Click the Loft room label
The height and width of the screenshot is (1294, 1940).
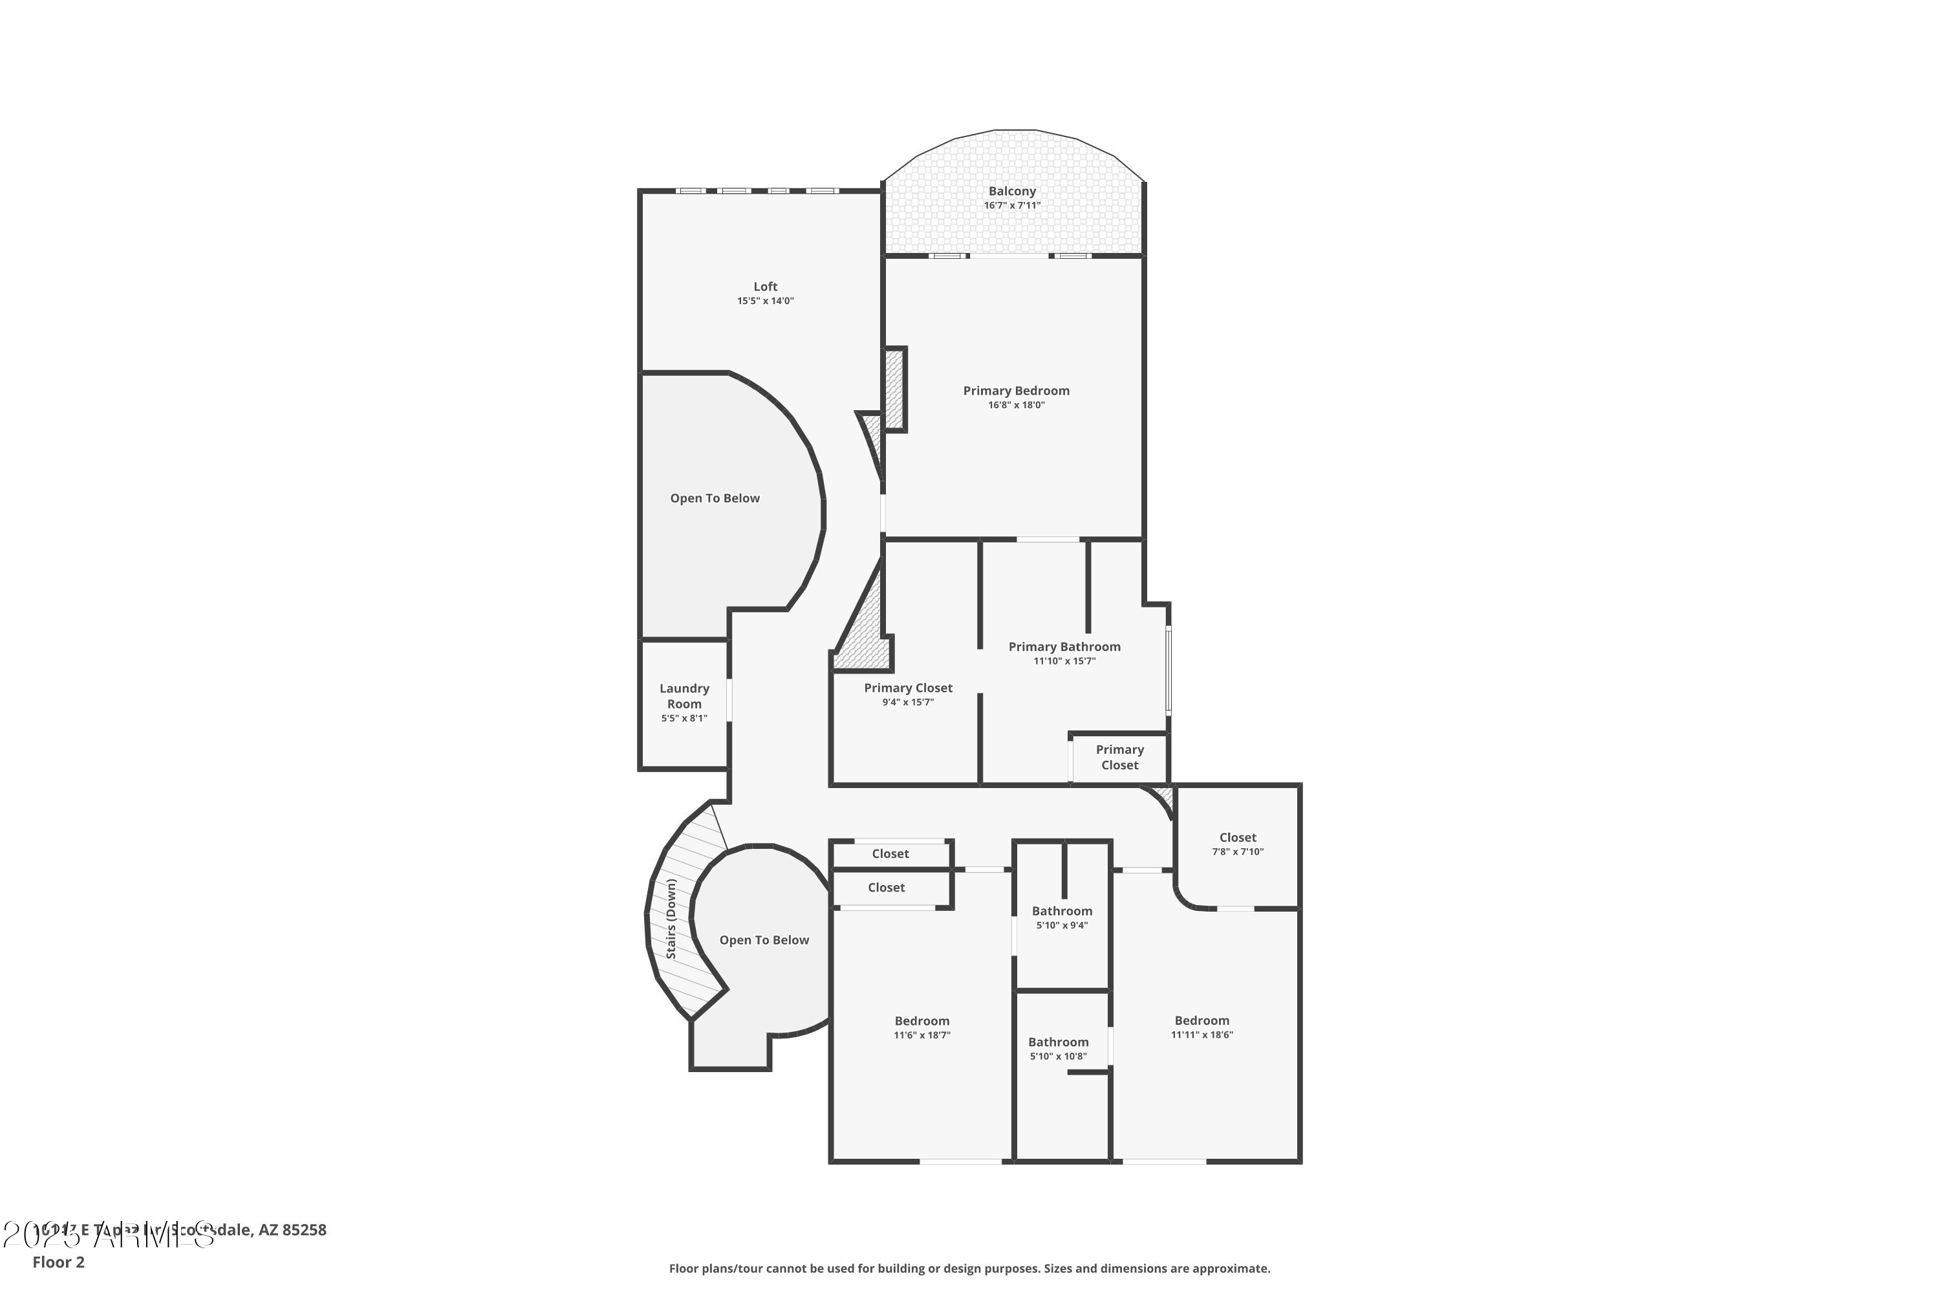coord(764,287)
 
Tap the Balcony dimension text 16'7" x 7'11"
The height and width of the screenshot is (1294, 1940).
coord(1011,206)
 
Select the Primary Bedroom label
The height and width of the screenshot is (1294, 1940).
coord(1015,390)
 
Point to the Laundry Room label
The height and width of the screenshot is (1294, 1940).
coord(684,696)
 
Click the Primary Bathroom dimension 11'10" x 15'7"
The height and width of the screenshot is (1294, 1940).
coord(1064,661)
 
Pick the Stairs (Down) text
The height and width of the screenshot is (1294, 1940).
coord(671,919)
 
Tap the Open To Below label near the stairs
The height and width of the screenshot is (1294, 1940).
coord(763,940)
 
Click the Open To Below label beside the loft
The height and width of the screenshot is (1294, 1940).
coord(715,498)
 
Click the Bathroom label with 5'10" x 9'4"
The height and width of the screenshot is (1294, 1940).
coord(1062,911)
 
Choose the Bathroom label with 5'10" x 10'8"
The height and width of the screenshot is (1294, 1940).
coord(1057,1042)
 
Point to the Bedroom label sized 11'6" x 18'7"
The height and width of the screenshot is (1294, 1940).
coord(921,1021)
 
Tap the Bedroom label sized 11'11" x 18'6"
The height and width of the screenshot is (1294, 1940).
coord(1201,1021)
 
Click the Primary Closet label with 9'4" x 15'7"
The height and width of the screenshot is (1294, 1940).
coord(907,687)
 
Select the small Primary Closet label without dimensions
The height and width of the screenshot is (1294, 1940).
coord(1119,757)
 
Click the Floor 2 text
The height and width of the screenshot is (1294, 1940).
coord(59,1262)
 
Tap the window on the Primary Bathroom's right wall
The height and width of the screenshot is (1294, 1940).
coord(1168,669)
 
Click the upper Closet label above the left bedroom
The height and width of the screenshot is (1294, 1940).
coord(890,854)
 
